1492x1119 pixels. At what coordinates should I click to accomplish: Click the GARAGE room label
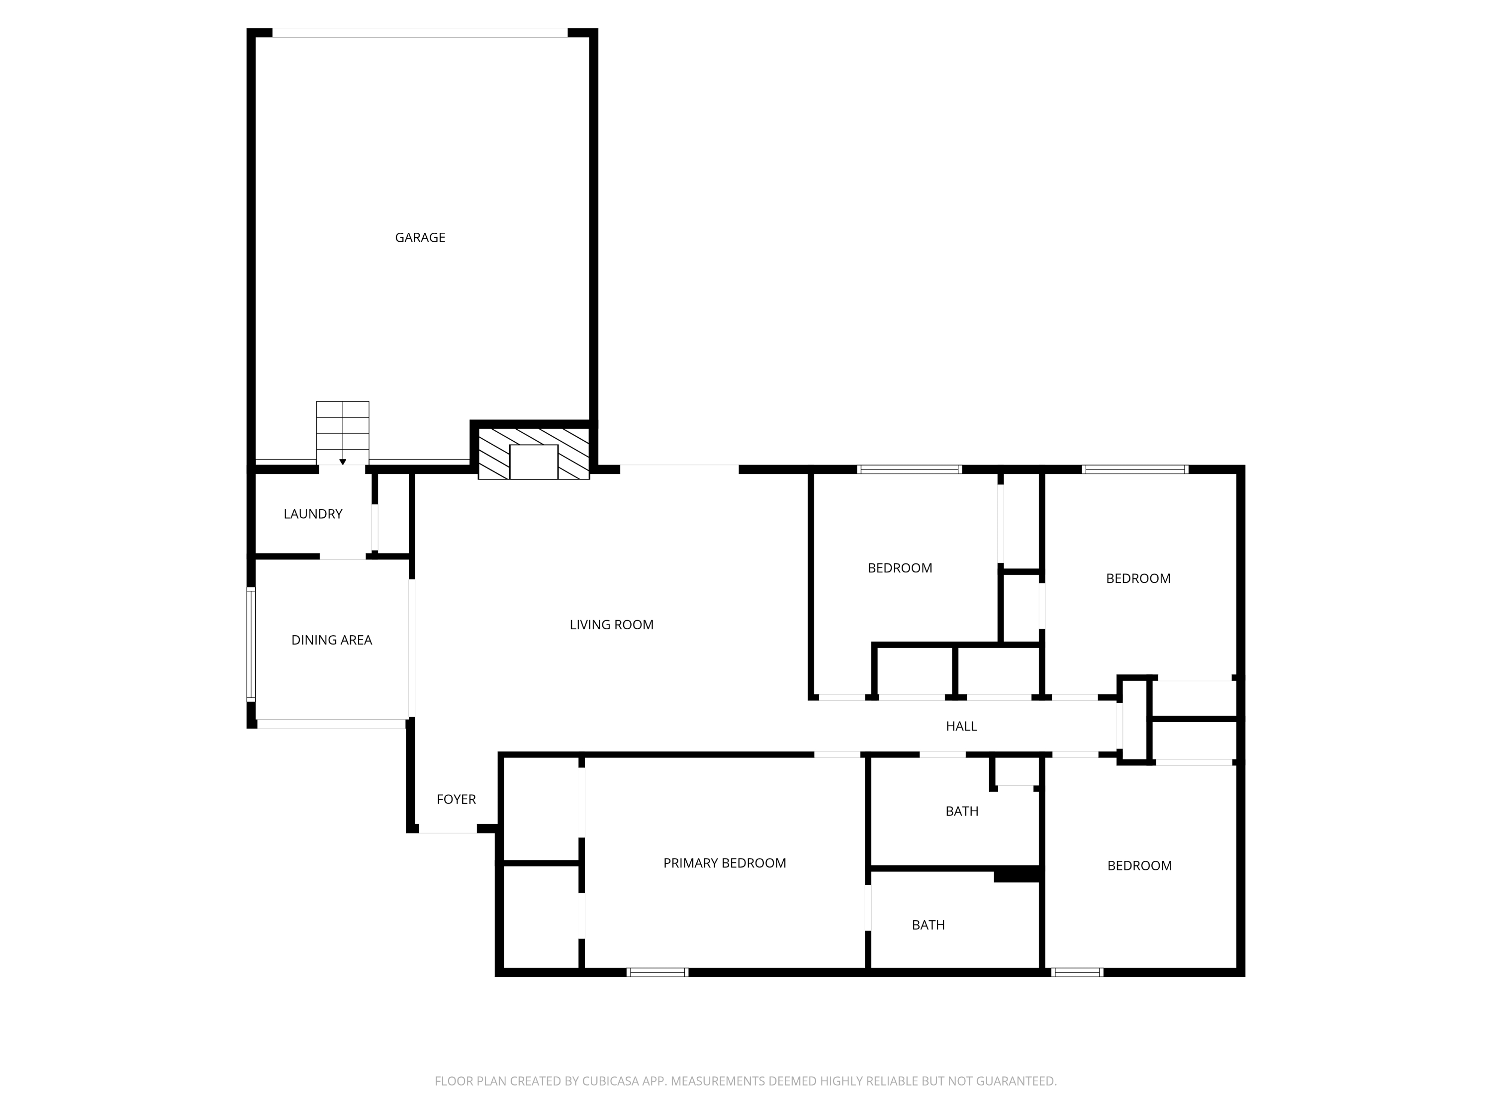pyautogui.click(x=420, y=237)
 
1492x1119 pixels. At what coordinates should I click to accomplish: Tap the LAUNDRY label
pyautogui.click(x=313, y=514)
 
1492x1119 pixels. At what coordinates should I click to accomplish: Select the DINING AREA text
pyautogui.click(x=331, y=640)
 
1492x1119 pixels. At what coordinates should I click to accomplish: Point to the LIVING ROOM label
pyautogui.click(x=611, y=625)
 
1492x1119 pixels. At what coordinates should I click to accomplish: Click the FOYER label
pyautogui.click(x=456, y=799)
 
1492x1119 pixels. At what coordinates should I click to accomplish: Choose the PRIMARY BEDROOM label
pyautogui.click(x=725, y=863)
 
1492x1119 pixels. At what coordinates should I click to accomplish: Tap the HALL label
pyautogui.click(x=961, y=727)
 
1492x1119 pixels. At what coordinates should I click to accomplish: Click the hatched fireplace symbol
pyautogui.click(x=534, y=453)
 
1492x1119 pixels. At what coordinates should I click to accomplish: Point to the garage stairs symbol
pyautogui.click(x=343, y=432)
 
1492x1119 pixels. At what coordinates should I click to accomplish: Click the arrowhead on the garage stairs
pyautogui.click(x=343, y=462)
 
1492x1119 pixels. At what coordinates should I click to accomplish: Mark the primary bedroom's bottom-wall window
pyautogui.click(x=657, y=972)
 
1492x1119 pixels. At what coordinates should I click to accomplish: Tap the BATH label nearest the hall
pyautogui.click(x=962, y=812)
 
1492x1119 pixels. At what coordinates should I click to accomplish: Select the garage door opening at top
pyautogui.click(x=420, y=32)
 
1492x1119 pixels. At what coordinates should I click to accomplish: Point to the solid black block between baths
pyautogui.click(x=1017, y=874)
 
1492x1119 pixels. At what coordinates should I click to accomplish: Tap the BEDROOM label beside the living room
pyautogui.click(x=900, y=568)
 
